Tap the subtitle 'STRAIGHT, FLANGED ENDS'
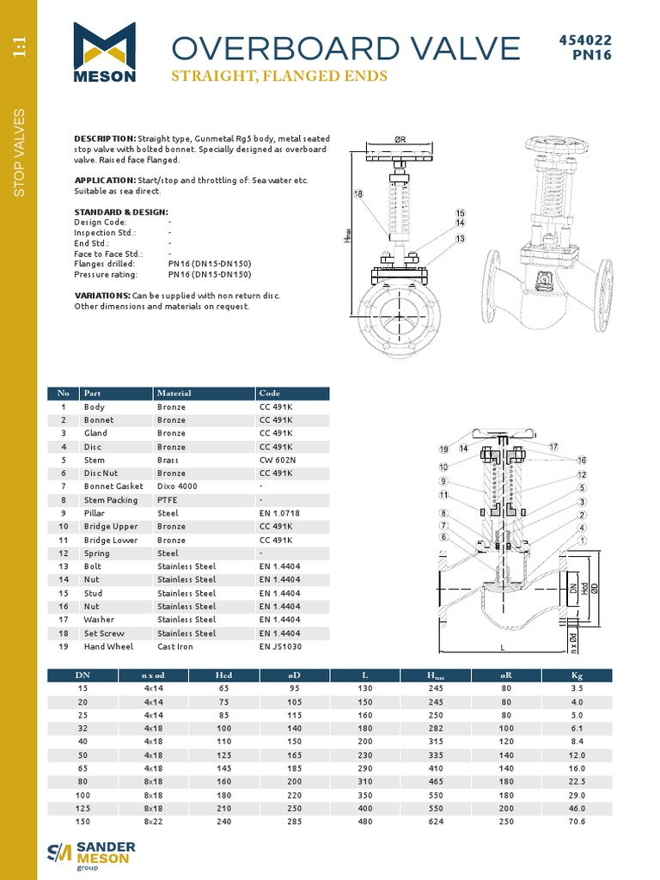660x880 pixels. click(x=279, y=76)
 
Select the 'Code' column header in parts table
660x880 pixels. click(x=269, y=394)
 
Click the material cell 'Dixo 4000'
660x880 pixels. click(x=177, y=486)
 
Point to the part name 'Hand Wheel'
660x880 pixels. click(x=106, y=646)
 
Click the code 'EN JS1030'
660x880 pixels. click(x=280, y=646)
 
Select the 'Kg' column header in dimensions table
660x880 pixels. click(x=577, y=675)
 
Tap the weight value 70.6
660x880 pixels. click(x=577, y=822)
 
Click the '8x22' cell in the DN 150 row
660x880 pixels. click(x=153, y=822)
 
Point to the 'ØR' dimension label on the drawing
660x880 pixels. click(x=400, y=139)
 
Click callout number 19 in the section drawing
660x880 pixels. click(x=443, y=449)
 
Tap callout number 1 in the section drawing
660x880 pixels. click(x=582, y=540)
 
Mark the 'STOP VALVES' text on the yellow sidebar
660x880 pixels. click(x=20, y=154)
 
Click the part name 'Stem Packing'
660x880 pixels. click(x=110, y=500)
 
